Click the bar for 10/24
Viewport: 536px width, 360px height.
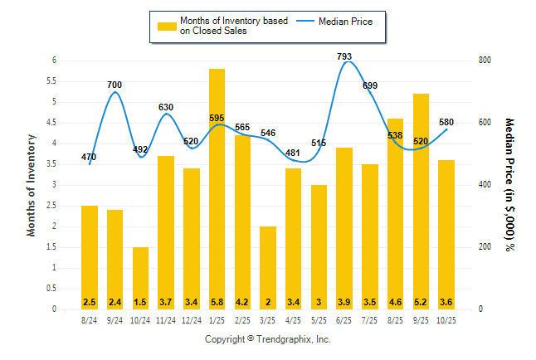pyautogui.click(x=140, y=278)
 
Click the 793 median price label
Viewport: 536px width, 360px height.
pyautogui.click(x=344, y=56)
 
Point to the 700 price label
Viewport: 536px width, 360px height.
pyautogui.click(x=115, y=85)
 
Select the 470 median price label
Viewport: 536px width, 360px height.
pyautogui.click(x=89, y=157)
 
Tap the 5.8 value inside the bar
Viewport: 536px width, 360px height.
pyautogui.click(x=217, y=301)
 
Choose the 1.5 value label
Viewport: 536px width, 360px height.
pyautogui.click(x=140, y=301)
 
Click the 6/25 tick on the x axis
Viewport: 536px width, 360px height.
pyautogui.click(x=344, y=319)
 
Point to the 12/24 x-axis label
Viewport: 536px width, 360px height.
pyautogui.click(x=191, y=319)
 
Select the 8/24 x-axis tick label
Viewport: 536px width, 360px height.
pyautogui.click(x=89, y=319)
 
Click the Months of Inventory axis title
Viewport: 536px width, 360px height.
pyautogui.click(x=32, y=185)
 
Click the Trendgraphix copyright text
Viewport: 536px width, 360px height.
pyautogui.click(x=267, y=339)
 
